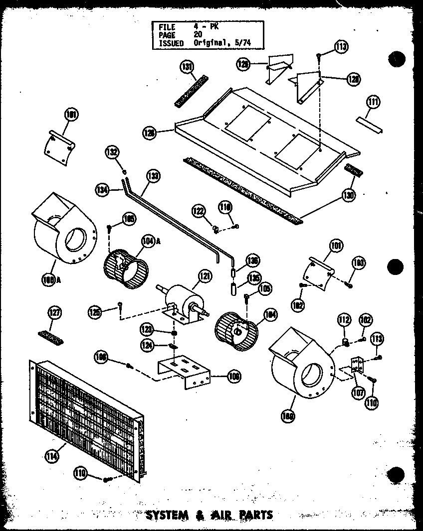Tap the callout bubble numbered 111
pyautogui.click(x=373, y=103)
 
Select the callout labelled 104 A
pyautogui.click(x=134, y=241)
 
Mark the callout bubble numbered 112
pyautogui.click(x=344, y=319)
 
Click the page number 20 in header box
pyautogui.click(x=198, y=35)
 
